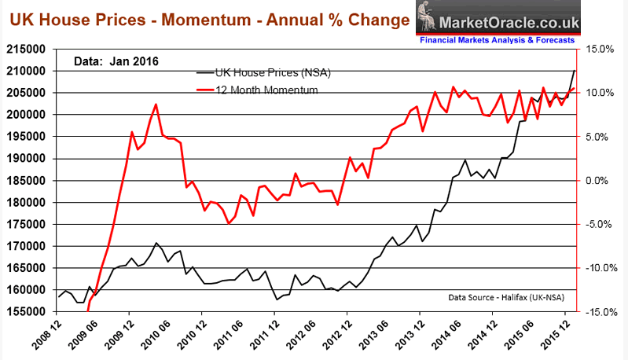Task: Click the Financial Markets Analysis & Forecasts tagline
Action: pyautogui.click(x=503, y=39)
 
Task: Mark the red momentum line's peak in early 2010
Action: pyautogui.click(x=156, y=104)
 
